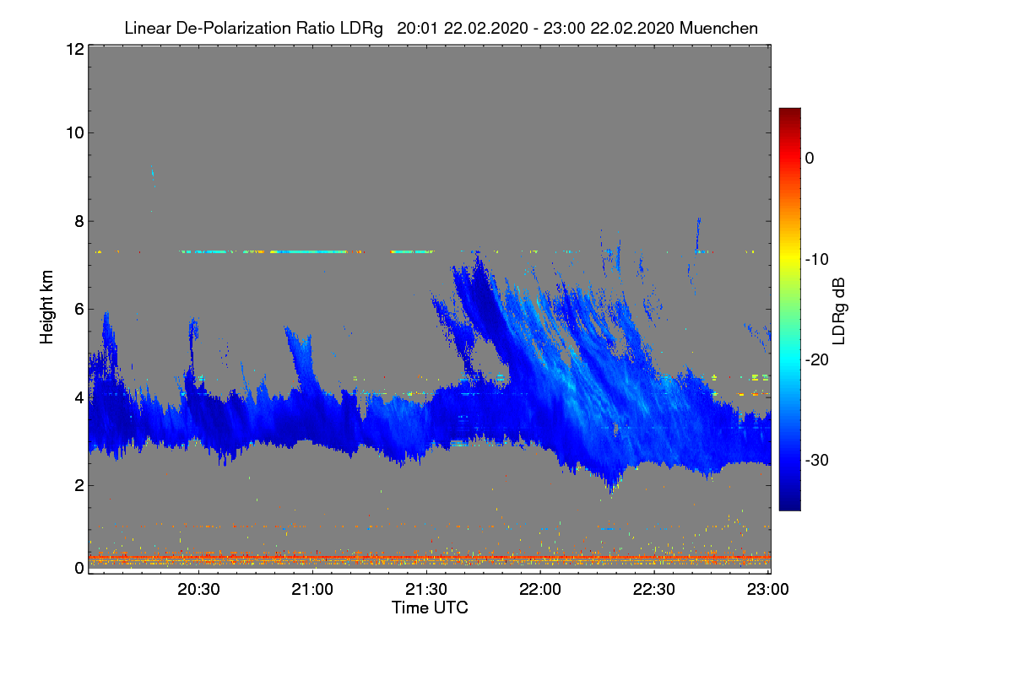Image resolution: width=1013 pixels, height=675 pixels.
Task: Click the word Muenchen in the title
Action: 718,28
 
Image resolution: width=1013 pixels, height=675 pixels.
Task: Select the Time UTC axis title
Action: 430,607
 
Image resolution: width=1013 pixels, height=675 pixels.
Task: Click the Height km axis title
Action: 47,307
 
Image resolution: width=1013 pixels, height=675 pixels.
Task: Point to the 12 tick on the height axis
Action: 73,50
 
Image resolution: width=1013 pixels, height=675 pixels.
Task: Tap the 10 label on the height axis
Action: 73,132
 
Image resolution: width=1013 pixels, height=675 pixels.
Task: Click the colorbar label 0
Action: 810,158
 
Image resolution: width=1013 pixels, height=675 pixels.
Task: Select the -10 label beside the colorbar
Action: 817,259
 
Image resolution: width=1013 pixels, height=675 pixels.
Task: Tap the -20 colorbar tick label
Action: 817,359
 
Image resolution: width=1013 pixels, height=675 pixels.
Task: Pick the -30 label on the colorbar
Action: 817,461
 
